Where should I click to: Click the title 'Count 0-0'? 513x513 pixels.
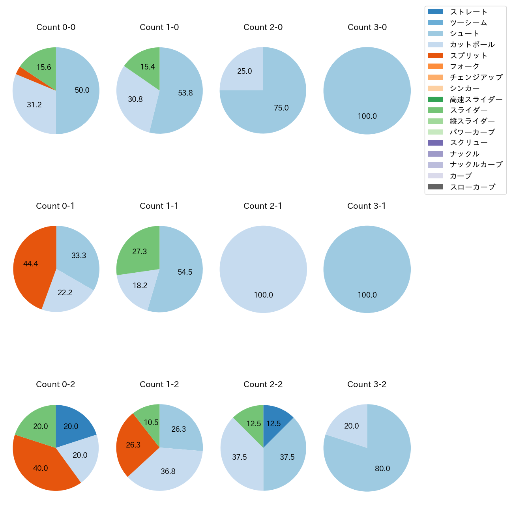click(56, 27)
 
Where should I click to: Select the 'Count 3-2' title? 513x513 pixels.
click(367, 384)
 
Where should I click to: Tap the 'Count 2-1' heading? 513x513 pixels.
click(263, 206)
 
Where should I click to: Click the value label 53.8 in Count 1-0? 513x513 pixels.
click(185, 93)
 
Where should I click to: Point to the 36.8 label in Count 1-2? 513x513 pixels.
click(168, 472)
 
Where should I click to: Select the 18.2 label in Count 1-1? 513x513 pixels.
click(140, 285)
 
